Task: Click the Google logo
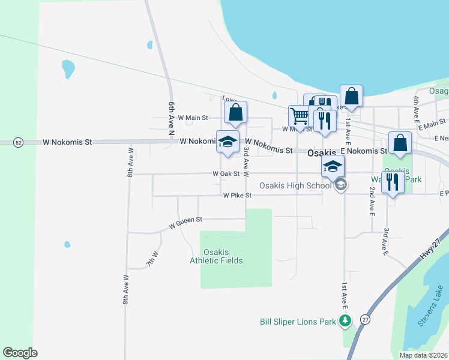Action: [x=20, y=353]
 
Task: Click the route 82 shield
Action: [x=19, y=143]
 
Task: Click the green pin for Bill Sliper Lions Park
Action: [x=345, y=322]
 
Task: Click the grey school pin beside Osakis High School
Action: [x=341, y=185]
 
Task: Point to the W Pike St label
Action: [x=237, y=196]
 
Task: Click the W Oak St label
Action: [x=226, y=174]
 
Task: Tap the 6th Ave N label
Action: [x=172, y=117]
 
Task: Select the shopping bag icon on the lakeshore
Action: [x=351, y=95]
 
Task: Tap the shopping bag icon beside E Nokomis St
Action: [x=400, y=142]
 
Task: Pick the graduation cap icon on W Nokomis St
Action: [x=228, y=141]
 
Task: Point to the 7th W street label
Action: [x=152, y=259]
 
